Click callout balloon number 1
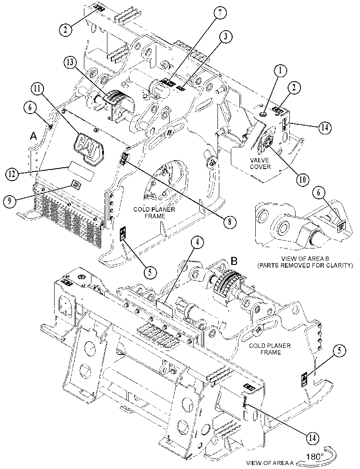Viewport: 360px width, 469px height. pyautogui.click(x=281, y=71)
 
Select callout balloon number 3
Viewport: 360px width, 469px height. pyautogui.click(x=225, y=36)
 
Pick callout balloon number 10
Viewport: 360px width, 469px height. pyautogui.click(x=302, y=179)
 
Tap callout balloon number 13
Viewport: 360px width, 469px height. pyautogui.click(x=70, y=63)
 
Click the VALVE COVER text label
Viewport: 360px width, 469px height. pyautogui.click(x=260, y=163)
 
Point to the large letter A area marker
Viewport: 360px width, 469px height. pyautogui.click(x=34, y=136)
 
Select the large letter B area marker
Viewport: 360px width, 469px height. pyautogui.click(x=234, y=261)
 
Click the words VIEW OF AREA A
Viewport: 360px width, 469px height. pyautogui.click(x=269, y=463)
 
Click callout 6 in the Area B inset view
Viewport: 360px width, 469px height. pyautogui.click(x=318, y=193)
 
